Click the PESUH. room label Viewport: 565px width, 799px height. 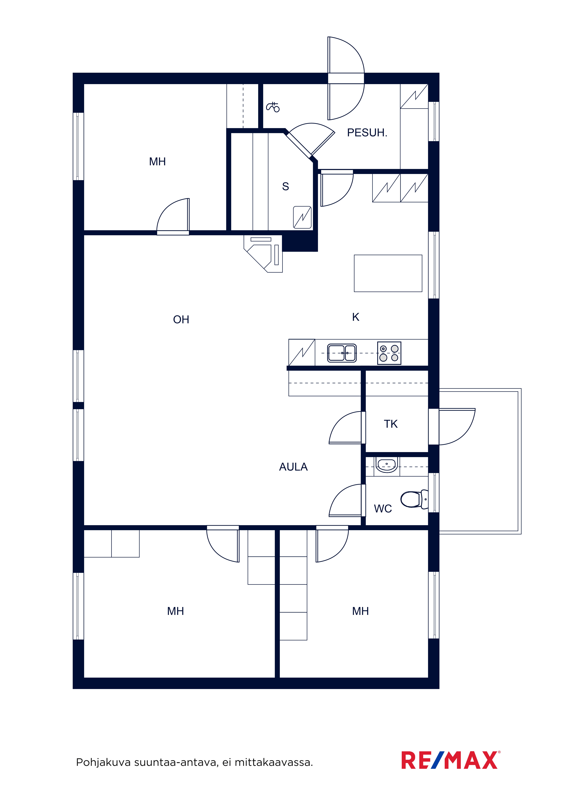pyautogui.click(x=367, y=133)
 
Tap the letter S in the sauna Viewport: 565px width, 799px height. pyautogui.click(x=286, y=187)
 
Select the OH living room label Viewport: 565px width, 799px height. pyautogui.click(x=181, y=319)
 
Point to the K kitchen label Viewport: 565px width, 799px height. pyautogui.click(x=355, y=317)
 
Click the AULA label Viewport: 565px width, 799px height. pyautogui.click(x=293, y=467)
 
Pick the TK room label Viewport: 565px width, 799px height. pyautogui.click(x=391, y=424)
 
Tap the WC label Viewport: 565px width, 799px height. pyautogui.click(x=383, y=509)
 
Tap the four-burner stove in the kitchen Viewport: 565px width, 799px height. pyautogui.click(x=389, y=353)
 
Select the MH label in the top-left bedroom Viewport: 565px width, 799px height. pyautogui.click(x=157, y=161)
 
